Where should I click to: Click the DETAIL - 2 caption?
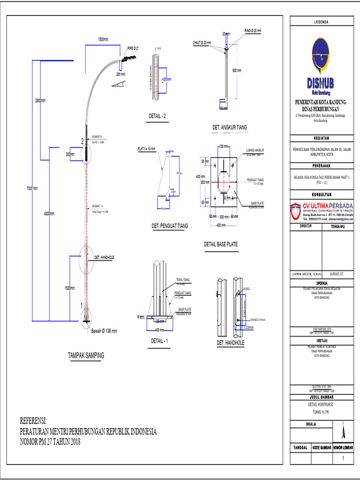click(x=157, y=116)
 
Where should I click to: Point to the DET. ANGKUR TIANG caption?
click(x=230, y=127)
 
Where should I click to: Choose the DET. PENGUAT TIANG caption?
click(x=170, y=226)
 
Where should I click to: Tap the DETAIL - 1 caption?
click(x=159, y=341)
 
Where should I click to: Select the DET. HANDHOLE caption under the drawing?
click(x=230, y=343)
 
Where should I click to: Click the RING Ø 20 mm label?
click(x=253, y=30)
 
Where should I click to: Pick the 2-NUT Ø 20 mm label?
click(x=202, y=43)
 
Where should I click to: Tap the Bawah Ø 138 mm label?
click(x=104, y=330)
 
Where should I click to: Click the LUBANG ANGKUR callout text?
click(x=255, y=150)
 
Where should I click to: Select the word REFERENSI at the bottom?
click(x=34, y=420)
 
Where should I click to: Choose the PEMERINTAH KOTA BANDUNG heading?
click(x=321, y=102)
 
